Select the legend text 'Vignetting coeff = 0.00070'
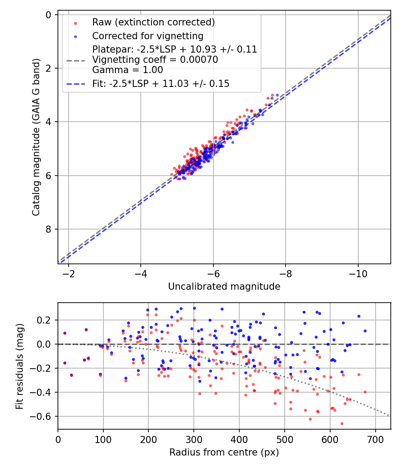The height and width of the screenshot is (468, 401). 155,60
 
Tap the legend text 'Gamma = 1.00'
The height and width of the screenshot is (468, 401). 127,70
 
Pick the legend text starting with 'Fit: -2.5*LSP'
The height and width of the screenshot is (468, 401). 161,84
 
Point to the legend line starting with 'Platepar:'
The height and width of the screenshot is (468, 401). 175,49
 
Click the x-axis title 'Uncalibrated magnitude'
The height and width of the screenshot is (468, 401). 224,287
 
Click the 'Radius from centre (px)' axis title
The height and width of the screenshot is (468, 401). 224,452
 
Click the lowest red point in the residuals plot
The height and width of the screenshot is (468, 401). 342,423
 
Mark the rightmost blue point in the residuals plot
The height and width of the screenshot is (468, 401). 365,331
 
